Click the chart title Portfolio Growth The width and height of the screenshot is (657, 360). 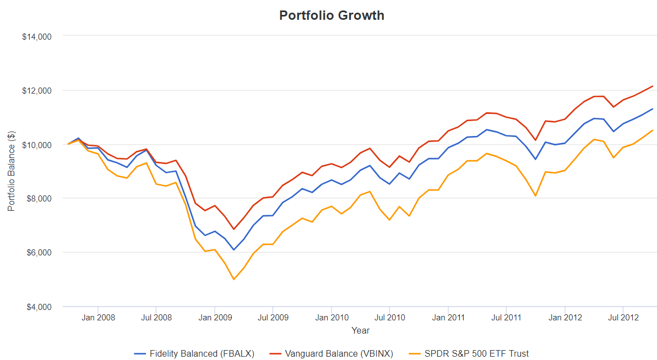pyautogui.click(x=332, y=15)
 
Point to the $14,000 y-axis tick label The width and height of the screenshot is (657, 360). pyautogui.click(x=36, y=37)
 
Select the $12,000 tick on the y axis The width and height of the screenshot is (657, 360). pyautogui.click(x=36, y=91)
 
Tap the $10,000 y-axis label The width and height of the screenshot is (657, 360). pyautogui.click(x=36, y=145)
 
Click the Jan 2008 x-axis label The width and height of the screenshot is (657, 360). pyautogui.click(x=98, y=318)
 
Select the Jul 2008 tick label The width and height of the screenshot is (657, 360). pyautogui.click(x=156, y=318)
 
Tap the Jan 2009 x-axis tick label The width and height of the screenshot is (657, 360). pyautogui.click(x=215, y=318)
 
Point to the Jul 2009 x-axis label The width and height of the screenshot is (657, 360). pyautogui.click(x=273, y=318)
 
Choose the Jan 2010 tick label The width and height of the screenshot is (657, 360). pyautogui.click(x=332, y=318)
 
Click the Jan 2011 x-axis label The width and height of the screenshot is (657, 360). pyautogui.click(x=448, y=318)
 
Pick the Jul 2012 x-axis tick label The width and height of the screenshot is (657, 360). pyautogui.click(x=623, y=318)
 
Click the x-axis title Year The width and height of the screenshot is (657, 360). pyautogui.click(x=361, y=331)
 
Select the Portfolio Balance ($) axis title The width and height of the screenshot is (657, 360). pyautogui.click(x=12, y=171)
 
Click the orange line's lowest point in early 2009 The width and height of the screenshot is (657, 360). pyautogui.click(x=234, y=279)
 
